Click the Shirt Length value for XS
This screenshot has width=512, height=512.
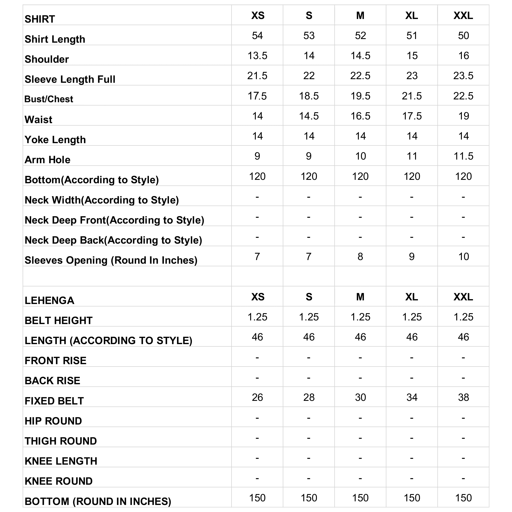[257, 35]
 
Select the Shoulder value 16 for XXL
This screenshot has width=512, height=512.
[464, 56]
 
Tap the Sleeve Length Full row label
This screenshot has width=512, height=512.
[70, 79]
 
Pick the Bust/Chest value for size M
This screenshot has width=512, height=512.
[360, 96]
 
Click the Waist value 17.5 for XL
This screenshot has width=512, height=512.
[412, 116]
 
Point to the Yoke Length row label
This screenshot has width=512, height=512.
[55, 140]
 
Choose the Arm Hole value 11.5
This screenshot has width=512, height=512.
[464, 156]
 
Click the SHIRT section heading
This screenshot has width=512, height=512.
[40, 19]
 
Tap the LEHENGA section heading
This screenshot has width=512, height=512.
[49, 301]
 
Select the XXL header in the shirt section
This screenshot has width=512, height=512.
[463, 16]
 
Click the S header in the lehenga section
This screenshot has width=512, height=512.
[309, 297]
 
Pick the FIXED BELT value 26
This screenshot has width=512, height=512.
[257, 397]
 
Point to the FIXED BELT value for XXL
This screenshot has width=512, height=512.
[464, 397]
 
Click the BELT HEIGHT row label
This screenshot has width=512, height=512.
[59, 321]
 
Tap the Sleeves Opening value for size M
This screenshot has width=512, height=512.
[360, 256]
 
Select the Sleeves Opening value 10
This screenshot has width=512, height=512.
[464, 256]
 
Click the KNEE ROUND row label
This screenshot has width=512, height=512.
[59, 481]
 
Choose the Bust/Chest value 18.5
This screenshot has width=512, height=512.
[309, 96]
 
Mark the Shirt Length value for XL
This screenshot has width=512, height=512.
[412, 35]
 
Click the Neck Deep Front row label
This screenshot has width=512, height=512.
[114, 220]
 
